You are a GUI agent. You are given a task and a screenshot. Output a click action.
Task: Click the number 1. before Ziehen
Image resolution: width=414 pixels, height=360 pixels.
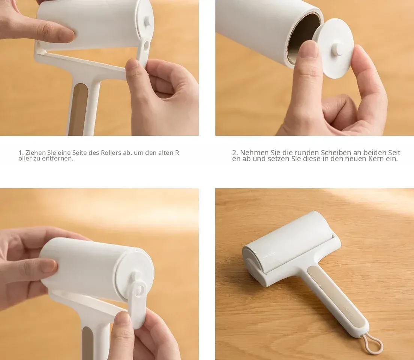(x=21, y=153)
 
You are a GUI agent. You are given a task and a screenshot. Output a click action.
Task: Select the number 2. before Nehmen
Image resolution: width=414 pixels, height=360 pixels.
(x=235, y=152)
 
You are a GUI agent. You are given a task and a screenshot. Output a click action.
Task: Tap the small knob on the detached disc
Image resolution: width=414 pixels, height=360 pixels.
(x=338, y=49)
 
